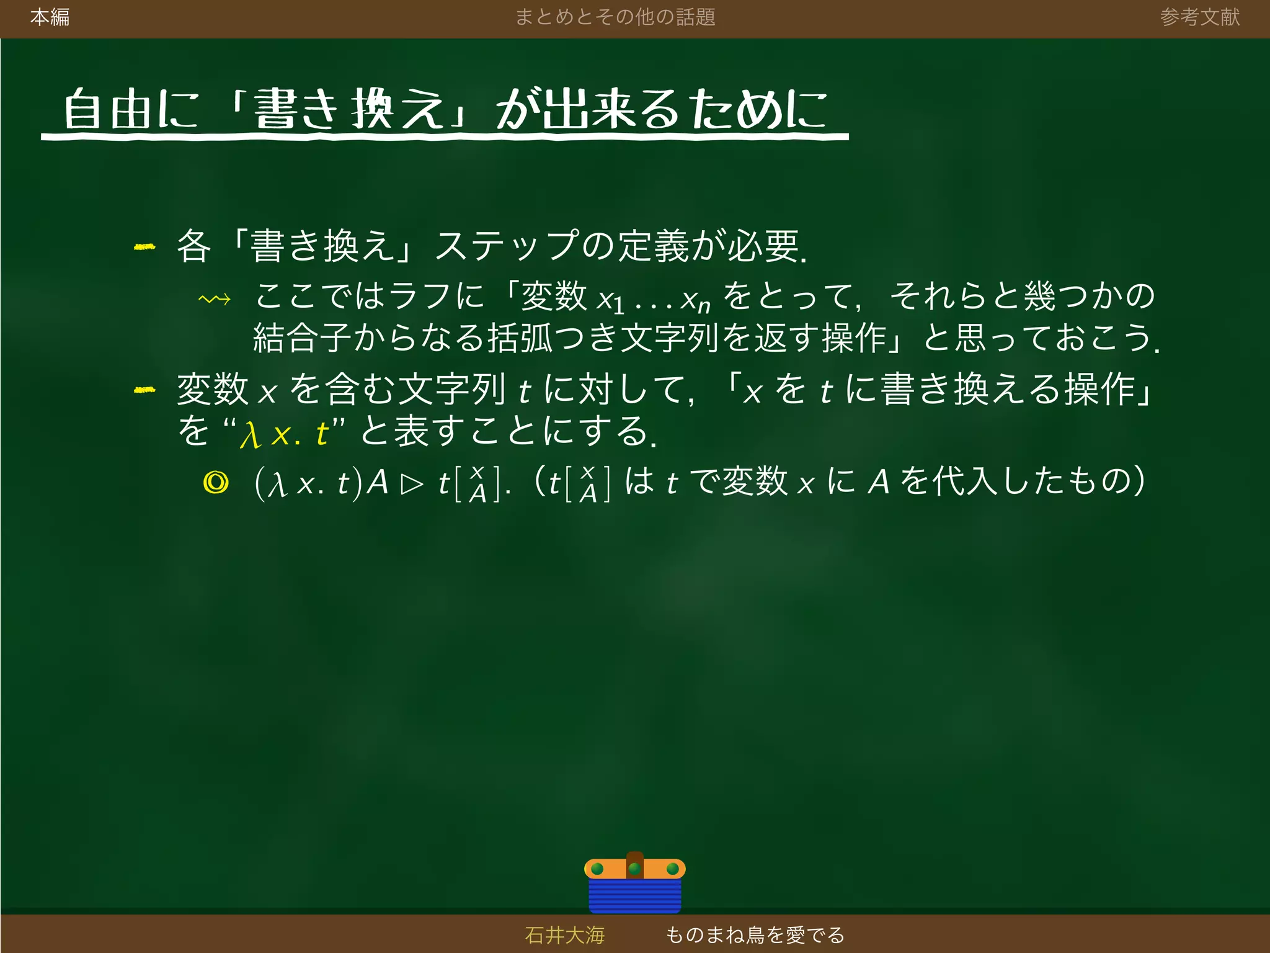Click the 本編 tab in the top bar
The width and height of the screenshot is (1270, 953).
[50, 17]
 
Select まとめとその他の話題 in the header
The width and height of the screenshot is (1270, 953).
[615, 17]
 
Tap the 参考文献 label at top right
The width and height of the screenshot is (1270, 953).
[1199, 17]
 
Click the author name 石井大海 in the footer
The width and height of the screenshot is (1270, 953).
[564, 934]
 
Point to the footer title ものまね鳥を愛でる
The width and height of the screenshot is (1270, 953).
[755, 934]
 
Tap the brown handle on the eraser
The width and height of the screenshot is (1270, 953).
[634, 862]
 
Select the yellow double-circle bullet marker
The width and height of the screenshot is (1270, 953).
[216, 482]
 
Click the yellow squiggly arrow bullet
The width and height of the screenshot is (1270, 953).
[215, 300]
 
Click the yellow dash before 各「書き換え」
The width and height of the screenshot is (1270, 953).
[144, 247]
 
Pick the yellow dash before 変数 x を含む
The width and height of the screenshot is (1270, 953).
[144, 390]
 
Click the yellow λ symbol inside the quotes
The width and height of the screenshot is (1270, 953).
[251, 434]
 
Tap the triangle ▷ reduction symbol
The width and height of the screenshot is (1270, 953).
[412, 484]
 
